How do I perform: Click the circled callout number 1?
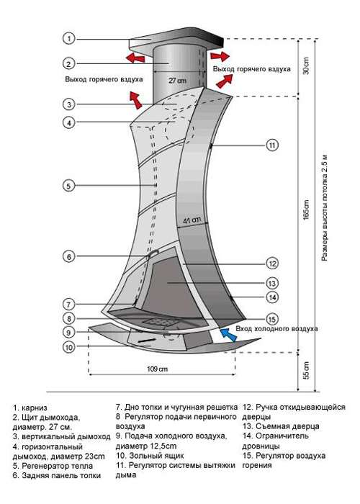pos(68,39)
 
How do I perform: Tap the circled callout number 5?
pos(68,186)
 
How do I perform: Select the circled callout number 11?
pos(272,145)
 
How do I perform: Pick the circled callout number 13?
pos(272,283)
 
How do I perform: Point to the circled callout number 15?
pos(272,319)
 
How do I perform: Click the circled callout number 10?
pos(69,347)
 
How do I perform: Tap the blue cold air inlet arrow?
pos(228,335)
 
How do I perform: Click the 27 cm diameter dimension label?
pos(177,81)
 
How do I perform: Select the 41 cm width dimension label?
pos(192,220)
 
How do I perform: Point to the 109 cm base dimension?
pos(158,369)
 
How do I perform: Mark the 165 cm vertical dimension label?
pos(306,210)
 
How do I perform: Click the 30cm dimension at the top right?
pos(306,66)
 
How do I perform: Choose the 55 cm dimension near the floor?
pos(306,370)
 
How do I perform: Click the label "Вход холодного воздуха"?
pos(276,329)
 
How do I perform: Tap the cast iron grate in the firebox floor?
pos(160,321)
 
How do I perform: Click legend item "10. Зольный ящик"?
pos(150,456)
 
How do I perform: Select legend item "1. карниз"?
pos(30,408)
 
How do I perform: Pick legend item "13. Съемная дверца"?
pos(281,426)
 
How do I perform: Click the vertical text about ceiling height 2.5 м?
pos(325,208)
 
